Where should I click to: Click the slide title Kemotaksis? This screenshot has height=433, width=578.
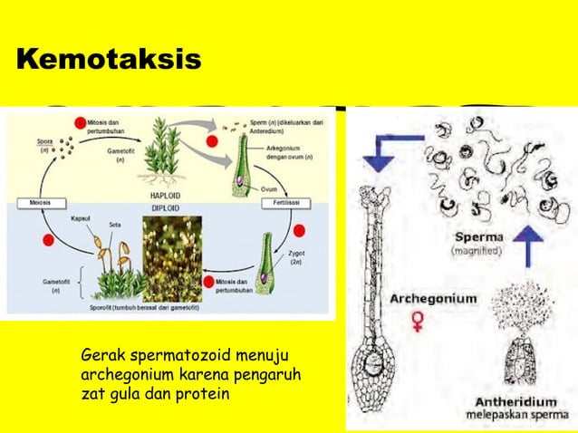coord(109,61)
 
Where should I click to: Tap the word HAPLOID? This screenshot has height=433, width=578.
coord(162,193)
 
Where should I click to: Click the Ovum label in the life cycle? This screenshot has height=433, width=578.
coord(268,188)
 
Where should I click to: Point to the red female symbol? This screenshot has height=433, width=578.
coord(418,321)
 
